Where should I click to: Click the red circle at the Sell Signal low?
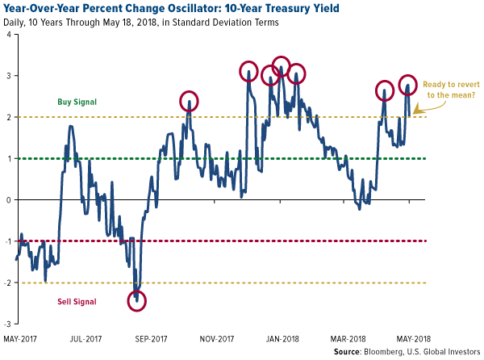click(x=137, y=301)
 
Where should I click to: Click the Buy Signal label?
click(x=77, y=103)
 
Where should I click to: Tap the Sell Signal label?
click(x=77, y=302)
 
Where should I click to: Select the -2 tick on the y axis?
click(x=7, y=283)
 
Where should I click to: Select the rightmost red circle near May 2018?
click(x=409, y=86)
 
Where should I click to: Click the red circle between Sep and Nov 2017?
click(x=189, y=101)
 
